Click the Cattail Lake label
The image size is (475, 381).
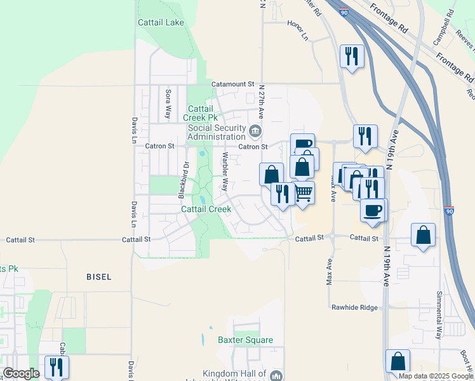click(x=161, y=22)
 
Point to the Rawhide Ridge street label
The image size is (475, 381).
click(x=354, y=307)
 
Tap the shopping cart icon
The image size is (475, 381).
click(x=304, y=192)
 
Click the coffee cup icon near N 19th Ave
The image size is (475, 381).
click(x=373, y=210)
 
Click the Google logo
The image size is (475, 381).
click(x=21, y=373)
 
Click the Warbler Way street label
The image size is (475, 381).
click(x=224, y=171)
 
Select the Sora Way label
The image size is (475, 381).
click(x=168, y=104)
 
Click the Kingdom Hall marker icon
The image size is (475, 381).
click(x=276, y=376)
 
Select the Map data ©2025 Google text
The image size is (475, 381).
click(x=435, y=376)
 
